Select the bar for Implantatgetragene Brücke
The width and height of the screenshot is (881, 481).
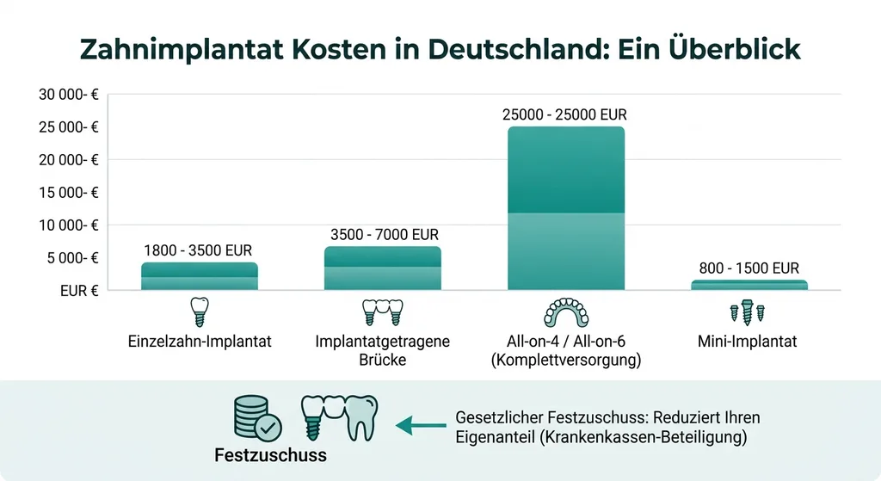coord(383,268)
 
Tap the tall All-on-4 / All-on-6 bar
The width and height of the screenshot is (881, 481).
coord(566,208)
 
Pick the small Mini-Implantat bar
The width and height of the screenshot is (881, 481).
coord(749,285)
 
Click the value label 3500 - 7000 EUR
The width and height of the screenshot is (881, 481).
coord(384,234)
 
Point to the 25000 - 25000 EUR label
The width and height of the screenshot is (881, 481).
coord(566,114)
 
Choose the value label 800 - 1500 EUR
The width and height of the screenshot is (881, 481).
coord(749,268)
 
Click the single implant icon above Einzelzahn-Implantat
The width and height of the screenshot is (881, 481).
coord(198,311)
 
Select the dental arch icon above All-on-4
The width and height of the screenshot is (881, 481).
coord(566,311)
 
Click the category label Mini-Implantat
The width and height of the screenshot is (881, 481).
coord(748,342)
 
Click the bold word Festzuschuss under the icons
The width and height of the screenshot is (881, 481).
coord(270,455)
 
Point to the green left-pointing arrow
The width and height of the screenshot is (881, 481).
coord(416,424)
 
